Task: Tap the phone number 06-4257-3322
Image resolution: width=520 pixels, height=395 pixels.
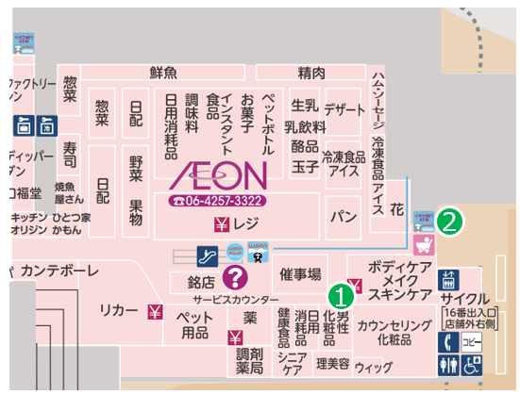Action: click(x=217, y=201)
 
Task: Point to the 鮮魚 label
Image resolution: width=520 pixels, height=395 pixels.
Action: click(x=163, y=73)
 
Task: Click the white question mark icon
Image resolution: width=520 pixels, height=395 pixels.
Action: click(x=234, y=276)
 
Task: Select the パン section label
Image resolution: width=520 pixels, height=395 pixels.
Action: click(x=341, y=217)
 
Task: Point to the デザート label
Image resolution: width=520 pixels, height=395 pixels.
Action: click(x=344, y=107)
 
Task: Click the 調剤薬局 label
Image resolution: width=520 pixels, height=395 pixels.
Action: click(x=249, y=359)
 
